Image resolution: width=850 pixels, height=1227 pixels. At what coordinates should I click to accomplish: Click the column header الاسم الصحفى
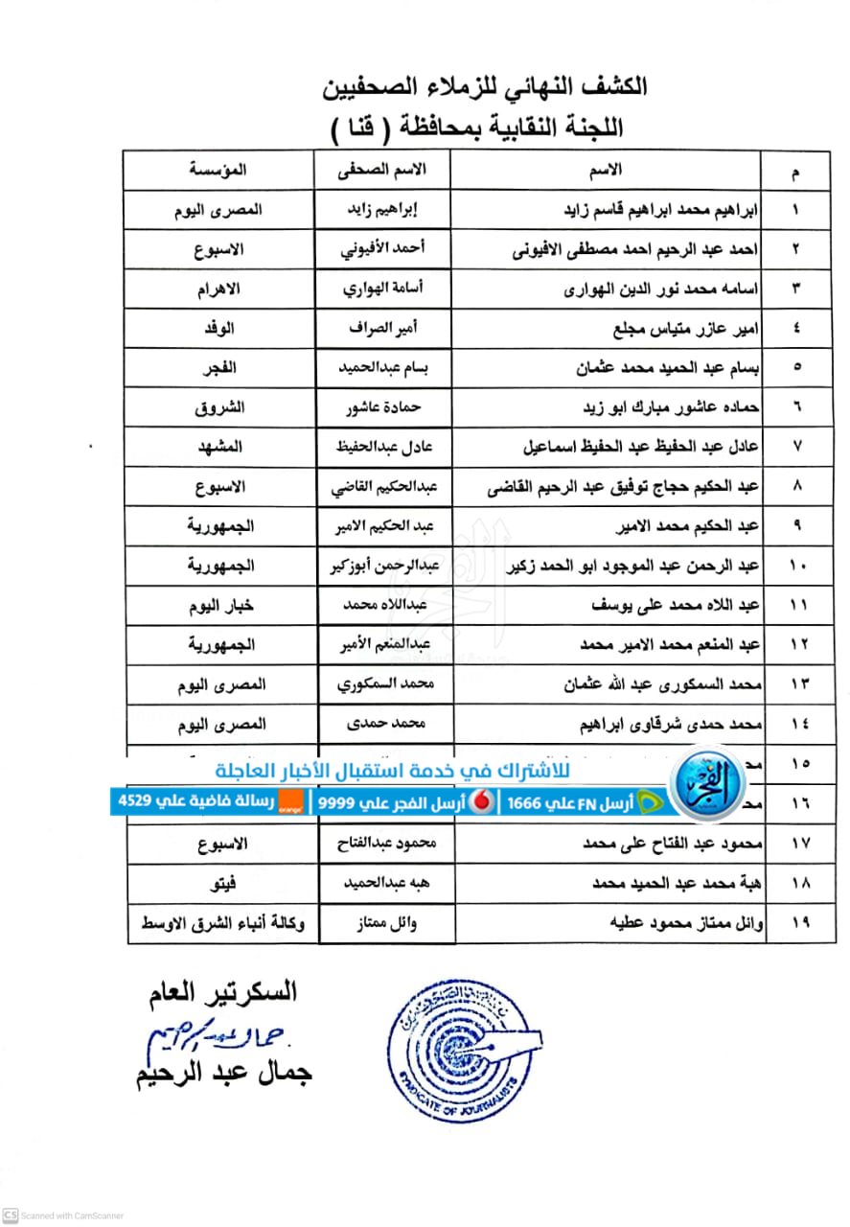[x=383, y=170]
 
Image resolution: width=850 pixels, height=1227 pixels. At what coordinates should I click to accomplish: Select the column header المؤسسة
[x=218, y=170]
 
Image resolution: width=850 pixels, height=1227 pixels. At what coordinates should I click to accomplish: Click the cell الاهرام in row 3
[x=218, y=289]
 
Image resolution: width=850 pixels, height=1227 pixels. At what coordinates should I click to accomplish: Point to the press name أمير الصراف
[x=383, y=328]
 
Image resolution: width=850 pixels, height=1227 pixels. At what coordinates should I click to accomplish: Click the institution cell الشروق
[x=219, y=407]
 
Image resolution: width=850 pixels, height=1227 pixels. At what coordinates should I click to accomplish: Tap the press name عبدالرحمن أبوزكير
[x=383, y=566]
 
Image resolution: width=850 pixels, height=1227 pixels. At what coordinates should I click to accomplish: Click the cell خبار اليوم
[x=219, y=606]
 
